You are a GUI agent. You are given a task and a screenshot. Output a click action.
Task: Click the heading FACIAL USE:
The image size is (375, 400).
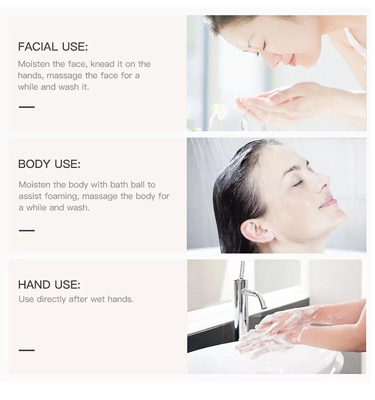tap(52, 47)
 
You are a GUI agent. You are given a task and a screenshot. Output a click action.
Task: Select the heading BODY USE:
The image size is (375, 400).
tap(49, 164)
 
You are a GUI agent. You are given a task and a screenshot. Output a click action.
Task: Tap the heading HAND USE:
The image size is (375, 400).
tap(49, 284)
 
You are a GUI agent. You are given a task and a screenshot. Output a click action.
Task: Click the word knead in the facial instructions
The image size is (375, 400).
tap(101, 64)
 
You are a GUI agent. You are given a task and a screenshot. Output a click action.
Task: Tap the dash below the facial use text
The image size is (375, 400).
tap(26, 106)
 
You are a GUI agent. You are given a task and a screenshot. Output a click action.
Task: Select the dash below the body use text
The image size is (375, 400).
tap(26, 230)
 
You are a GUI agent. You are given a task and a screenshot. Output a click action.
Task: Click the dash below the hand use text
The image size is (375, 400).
tap(26, 350)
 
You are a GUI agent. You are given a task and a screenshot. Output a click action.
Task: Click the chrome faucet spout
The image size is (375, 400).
tap(254, 297)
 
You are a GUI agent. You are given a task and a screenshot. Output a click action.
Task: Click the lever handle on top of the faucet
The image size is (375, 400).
tap(242, 270)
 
